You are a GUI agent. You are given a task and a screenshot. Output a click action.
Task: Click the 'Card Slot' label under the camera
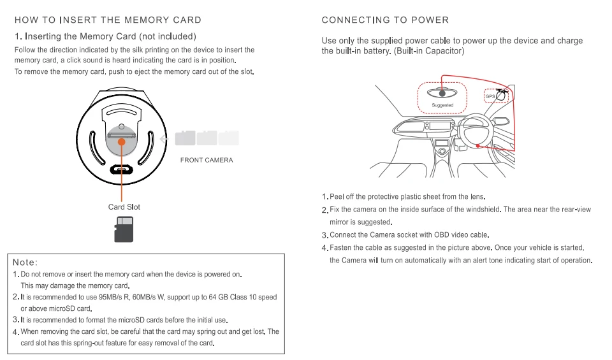click(124, 207)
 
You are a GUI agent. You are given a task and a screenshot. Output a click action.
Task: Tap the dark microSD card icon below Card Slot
click(124, 229)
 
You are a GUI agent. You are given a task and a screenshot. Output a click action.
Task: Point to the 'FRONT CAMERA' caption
click(207, 160)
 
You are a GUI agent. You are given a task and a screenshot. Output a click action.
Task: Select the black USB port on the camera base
click(120, 170)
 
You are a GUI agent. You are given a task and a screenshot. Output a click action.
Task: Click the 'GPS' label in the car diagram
click(490, 96)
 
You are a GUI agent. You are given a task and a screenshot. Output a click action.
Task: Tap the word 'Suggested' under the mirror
click(442, 105)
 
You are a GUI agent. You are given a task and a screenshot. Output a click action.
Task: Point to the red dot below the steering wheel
click(477, 146)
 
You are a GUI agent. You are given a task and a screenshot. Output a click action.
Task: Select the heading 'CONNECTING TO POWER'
click(385, 20)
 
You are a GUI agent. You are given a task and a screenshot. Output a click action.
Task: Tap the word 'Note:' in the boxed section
click(25, 263)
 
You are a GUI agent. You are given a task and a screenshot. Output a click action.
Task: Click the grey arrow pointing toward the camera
click(164, 138)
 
